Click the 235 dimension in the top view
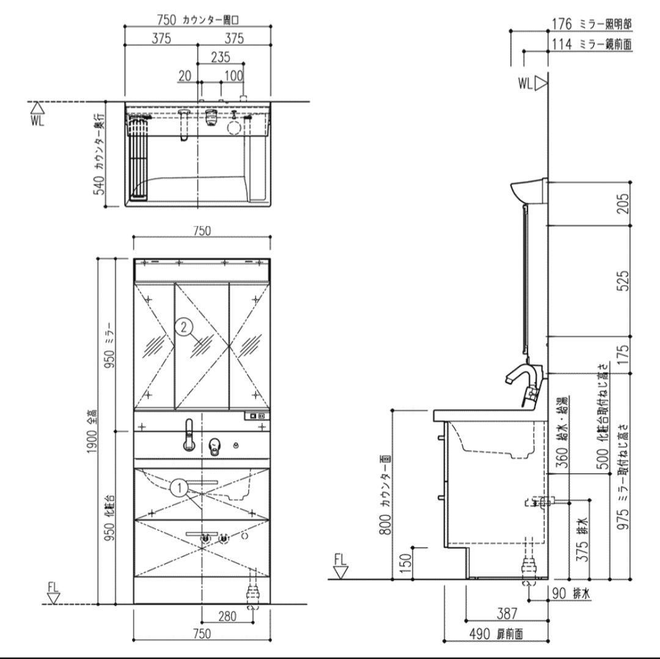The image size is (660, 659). [x=220, y=57]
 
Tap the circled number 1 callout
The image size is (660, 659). [x=178, y=487]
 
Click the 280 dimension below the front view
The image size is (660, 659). [x=227, y=616]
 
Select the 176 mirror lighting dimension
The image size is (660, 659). [x=561, y=24]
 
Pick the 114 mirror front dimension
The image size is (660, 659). [x=561, y=44]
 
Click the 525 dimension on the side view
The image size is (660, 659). [x=621, y=281]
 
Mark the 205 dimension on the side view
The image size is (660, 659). [x=621, y=204]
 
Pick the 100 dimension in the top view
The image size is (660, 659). [x=233, y=76]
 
